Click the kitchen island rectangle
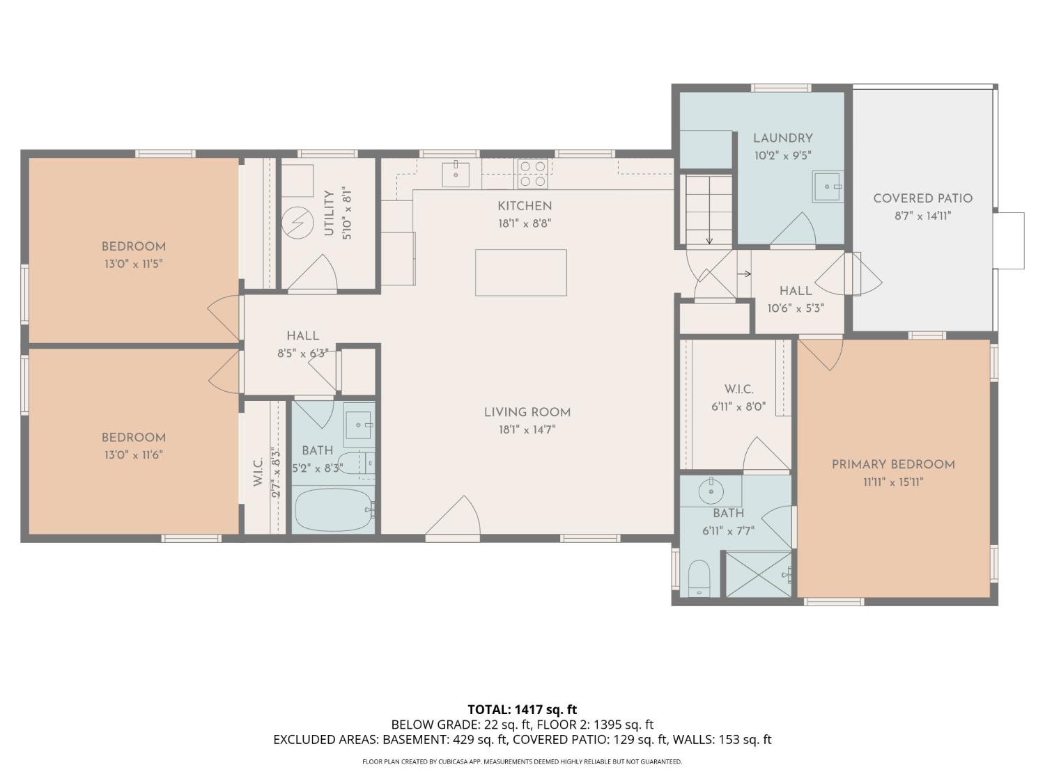click(520, 272)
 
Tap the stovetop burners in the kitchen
click(532, 173)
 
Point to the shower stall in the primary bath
click(759, 574)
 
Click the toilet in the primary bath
click(698, 578)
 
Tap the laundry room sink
click(828, 187)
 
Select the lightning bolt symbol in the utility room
click(297, 223)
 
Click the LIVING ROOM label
click(527, 412)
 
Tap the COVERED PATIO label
click(922, 198)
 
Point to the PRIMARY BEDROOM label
click(893, 464)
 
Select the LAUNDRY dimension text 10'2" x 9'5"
click(782, 156)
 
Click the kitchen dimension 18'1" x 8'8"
click(525, 223)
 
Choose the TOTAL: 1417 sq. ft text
click(522, 710)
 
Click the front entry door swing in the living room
click(456, 519)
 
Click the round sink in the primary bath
click(711, 491)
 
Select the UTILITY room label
click(329, 212)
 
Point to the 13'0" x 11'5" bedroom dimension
click(133, 264)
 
